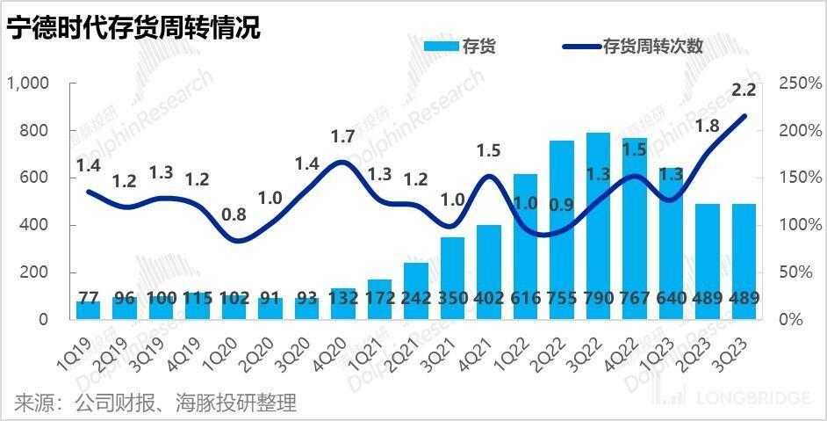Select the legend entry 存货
click(x=460, y=47)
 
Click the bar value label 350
click(x=452, y=297)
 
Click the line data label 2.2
click(x=744, y=90)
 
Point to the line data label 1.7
click(x=342, y=136)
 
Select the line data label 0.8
click(x=234, y=214)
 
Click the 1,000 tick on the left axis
click(x=30, y=83)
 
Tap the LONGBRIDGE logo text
click(x=752, y=399)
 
